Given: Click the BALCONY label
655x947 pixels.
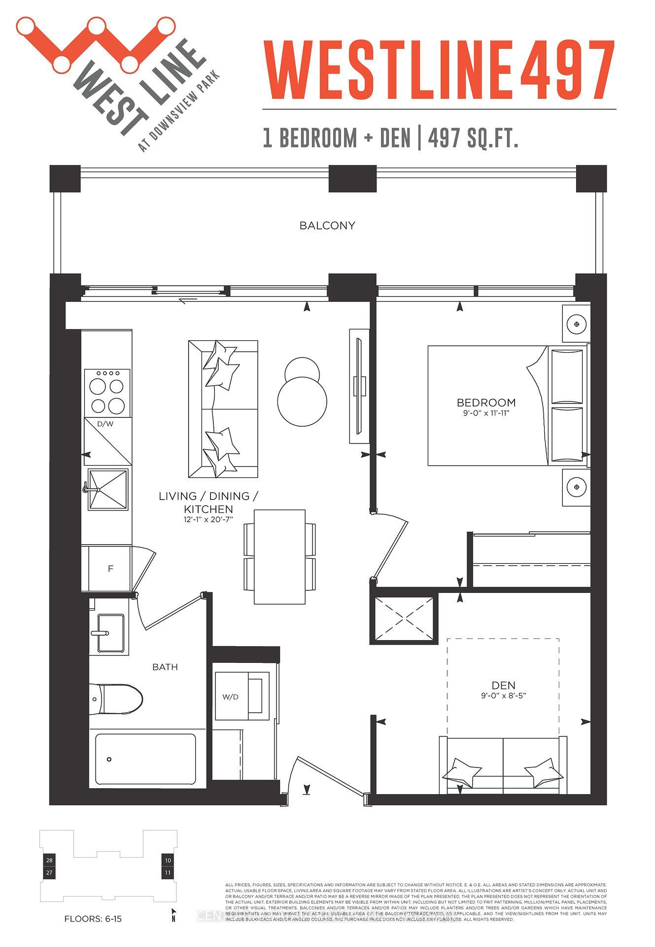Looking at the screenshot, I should coord(327,225).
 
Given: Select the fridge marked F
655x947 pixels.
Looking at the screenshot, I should coord(110,569).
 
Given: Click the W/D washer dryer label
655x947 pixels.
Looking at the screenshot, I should coord(230,697).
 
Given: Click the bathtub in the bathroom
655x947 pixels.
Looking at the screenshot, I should coord(145,760).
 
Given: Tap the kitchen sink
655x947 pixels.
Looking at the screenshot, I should coord(108,489).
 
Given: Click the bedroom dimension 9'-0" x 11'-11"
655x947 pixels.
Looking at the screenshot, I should coord(486,413).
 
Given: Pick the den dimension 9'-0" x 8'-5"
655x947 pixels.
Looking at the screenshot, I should coord(503,695).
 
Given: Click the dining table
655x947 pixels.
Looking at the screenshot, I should coord(279,556).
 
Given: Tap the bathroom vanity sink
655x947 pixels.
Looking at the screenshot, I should coord(110,633).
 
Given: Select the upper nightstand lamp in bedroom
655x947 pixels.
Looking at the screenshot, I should coord(576,325).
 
